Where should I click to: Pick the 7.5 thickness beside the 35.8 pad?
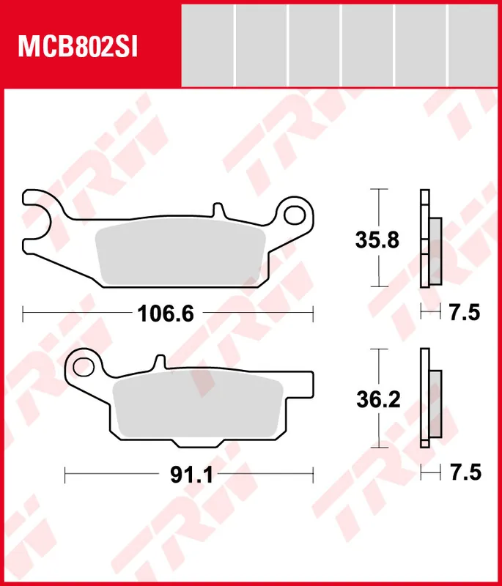click(463, 314)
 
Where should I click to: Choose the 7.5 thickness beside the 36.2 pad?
click(463, 474)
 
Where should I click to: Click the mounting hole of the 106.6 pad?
click(295, 215)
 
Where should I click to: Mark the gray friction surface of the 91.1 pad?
click(198, 407)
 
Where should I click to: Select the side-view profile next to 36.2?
click(429, 399)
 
